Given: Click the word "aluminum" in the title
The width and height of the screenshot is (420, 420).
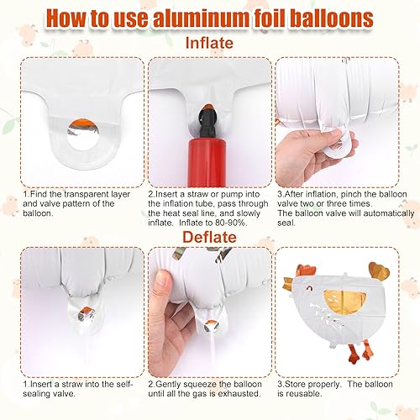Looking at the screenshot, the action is [201, 18].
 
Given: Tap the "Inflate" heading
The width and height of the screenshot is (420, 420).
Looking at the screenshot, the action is [209, 43].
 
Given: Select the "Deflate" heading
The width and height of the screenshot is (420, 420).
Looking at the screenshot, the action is [209, 237].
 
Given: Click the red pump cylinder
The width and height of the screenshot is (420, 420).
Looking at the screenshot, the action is [207, 162].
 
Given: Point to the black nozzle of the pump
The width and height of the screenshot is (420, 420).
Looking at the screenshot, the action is [207, 123].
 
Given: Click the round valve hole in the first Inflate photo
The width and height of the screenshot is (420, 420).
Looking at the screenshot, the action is [83, 134].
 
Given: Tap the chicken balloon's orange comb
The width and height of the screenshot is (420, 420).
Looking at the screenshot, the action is [306, 270].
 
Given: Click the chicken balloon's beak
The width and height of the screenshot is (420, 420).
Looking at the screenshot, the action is [290, 283].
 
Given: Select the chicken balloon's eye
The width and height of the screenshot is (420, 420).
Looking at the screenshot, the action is [309, 288].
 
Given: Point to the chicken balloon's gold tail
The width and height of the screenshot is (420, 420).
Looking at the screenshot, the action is [380, 270].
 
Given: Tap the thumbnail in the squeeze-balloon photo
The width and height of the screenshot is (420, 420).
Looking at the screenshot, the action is [163, 280].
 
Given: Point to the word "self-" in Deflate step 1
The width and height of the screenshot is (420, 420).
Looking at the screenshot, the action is [123, 384].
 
